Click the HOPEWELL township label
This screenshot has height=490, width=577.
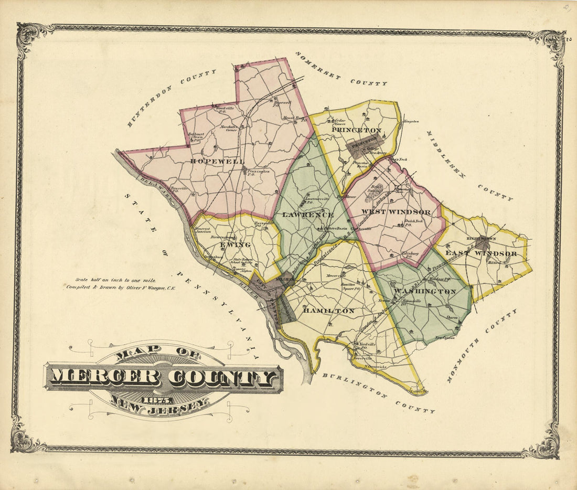(217, 162)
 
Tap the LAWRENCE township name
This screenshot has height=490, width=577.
(308, 215)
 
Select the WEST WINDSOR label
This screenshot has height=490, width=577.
(396, 212)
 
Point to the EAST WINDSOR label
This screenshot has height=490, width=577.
(481, 254)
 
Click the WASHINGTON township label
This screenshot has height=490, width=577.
(424, 291)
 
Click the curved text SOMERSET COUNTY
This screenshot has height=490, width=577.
(341, 68)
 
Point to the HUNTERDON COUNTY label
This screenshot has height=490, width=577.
(170, 98)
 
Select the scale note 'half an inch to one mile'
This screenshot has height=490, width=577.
(116, 280)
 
